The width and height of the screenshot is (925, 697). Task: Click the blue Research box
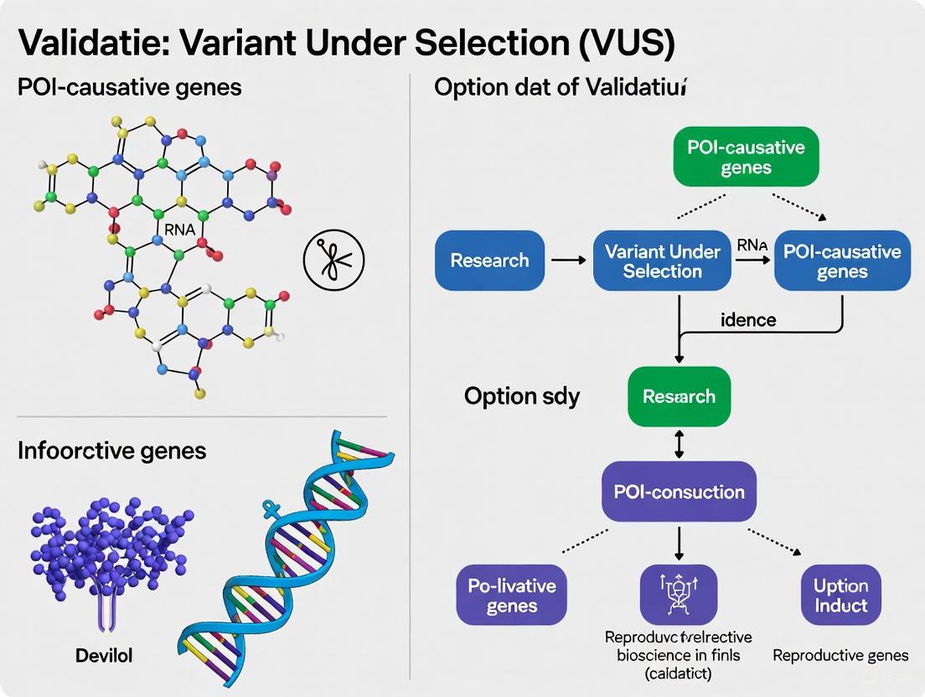tap(489, 261)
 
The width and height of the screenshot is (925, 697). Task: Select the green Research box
tap(679, 396)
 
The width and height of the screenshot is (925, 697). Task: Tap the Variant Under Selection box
tap(662, 261)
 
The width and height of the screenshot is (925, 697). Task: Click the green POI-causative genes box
tap(746, 157)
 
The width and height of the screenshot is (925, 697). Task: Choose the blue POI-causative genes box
tap(842, 261)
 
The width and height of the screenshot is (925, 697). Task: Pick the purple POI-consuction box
tap(679, 492)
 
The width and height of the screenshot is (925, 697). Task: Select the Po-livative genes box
tap(511, 594)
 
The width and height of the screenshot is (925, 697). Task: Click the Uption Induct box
tap(840, 595)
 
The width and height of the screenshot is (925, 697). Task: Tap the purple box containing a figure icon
tap(679, 594)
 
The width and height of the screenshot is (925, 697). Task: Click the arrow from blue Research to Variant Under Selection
tap(569, 261)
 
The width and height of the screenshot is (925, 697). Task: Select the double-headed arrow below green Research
tap(679, 443)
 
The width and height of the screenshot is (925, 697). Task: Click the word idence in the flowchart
tap(748, 320)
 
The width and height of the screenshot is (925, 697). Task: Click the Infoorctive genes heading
tap(111, 451)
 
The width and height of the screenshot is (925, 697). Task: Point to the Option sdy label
tap(522, 395)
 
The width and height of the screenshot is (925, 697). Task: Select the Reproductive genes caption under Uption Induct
tap(840, 656)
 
